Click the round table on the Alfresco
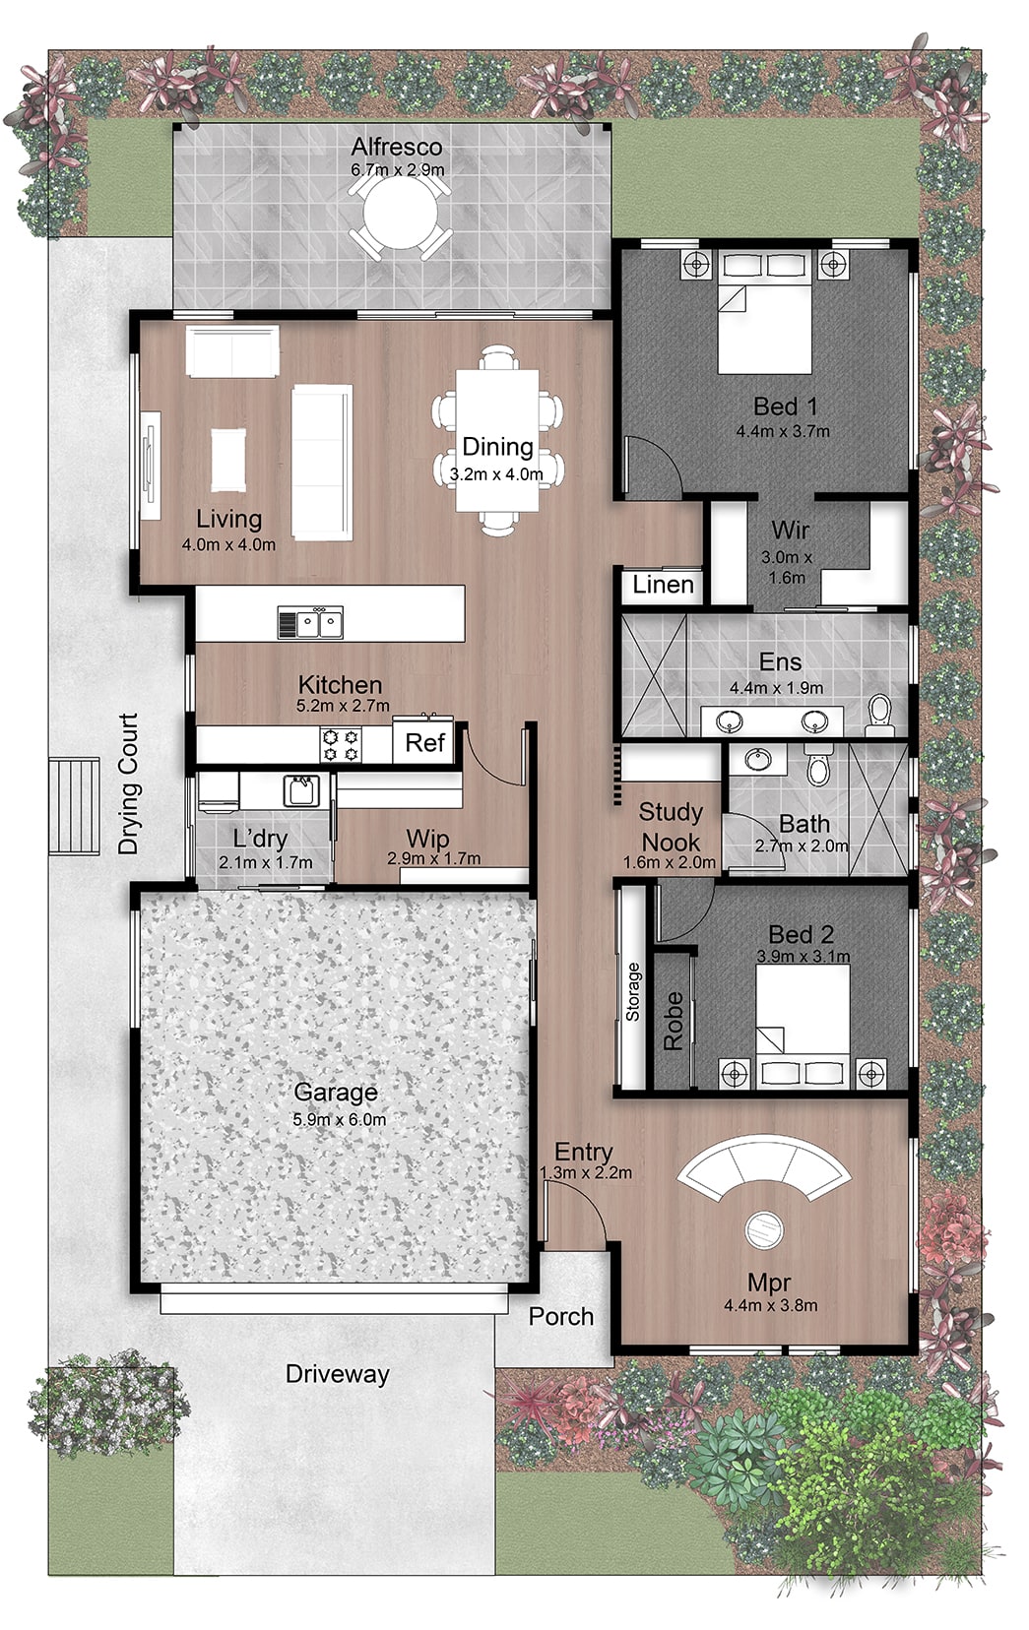401,214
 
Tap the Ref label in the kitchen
425,743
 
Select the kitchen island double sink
311,623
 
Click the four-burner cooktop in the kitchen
341,745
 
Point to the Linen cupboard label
663,585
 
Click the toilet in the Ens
879,716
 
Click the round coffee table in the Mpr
764,1229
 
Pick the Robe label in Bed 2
674,1021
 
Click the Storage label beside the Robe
632,992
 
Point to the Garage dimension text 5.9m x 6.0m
339,1120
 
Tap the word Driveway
338,1374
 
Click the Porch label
561,1316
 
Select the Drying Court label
128,784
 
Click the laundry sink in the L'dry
300,791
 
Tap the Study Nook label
671,828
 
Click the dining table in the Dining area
498,440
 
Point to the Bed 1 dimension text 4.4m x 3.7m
783,431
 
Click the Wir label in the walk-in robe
791,530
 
